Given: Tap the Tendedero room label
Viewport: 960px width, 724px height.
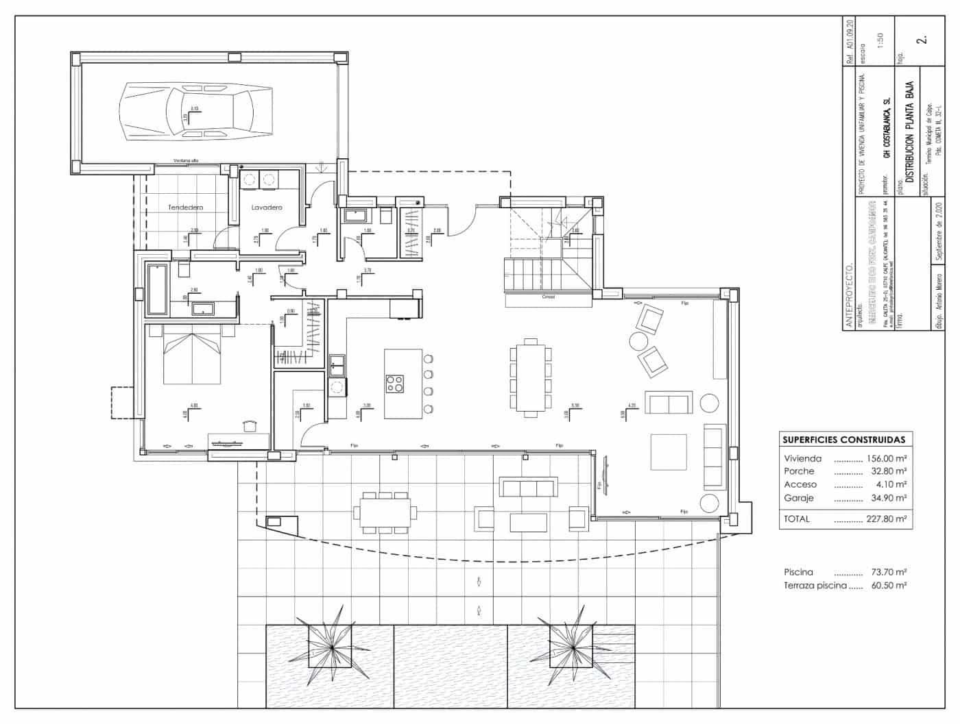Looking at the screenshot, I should [186, 207].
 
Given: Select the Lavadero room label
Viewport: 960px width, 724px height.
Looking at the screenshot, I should [267, 207].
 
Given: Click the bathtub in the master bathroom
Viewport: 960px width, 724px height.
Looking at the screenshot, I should [157, 289].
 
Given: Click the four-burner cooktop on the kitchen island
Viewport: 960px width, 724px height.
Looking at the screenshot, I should [395, 384].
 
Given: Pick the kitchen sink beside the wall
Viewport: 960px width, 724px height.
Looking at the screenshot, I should [337, 365].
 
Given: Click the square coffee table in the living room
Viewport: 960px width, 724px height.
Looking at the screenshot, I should [668, 452].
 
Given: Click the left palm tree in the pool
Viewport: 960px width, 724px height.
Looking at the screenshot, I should [331, 647].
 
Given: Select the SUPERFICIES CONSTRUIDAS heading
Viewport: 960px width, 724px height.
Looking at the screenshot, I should [843, 440].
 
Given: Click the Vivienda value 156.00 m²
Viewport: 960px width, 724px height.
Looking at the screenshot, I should [887, 459].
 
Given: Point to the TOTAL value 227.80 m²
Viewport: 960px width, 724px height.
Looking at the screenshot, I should [887, 519].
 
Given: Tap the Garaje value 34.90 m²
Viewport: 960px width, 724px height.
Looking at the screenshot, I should [888, 498].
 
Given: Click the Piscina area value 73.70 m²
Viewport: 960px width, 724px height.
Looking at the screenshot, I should [888, 572].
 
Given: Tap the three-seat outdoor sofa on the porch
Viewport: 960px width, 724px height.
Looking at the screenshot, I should [527, 488].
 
